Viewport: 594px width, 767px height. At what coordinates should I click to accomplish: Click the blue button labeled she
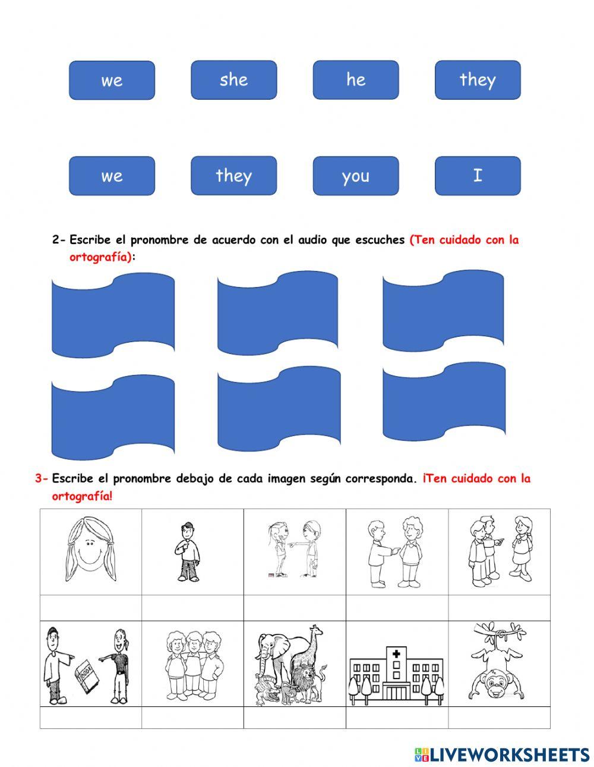click(233, 80)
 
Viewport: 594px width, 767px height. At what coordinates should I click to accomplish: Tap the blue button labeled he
click(355, 80)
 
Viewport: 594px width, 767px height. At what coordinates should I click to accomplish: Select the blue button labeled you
click(355, 176)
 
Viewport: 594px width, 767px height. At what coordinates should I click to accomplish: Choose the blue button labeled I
click(478, 176)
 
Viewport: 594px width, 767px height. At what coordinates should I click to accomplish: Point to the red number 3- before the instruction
click(42, 478)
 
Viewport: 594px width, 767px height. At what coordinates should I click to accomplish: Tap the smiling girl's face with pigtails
click(90, 550)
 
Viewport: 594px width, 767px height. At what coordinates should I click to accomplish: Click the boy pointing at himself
click(189, 551)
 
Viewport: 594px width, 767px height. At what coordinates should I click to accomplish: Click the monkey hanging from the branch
click(498, 662)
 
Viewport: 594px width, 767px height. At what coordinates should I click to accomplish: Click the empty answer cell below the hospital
click(396, 717)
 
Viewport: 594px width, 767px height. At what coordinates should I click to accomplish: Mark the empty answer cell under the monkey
click(499, 717)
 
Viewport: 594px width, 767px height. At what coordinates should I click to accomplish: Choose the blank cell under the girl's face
click(90, 607)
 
